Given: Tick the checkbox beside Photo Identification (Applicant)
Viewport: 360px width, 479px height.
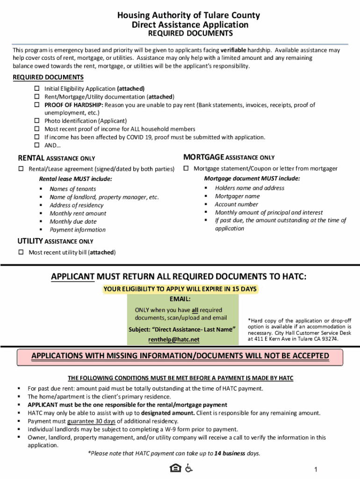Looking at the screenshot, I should [x=37, y=121].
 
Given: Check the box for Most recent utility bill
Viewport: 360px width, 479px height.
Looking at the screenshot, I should [x=21, y=253].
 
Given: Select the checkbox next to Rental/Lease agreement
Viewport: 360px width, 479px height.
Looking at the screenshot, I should [x=21, y=169].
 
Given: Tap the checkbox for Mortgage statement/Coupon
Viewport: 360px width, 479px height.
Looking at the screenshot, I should [x=186, y=168].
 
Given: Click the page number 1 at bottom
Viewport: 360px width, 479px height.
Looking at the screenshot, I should [x=316, y=469].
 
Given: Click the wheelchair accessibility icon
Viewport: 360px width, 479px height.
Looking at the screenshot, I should [x=189, y=468].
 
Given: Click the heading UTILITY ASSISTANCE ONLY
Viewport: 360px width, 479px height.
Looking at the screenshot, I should [x=55, y=241].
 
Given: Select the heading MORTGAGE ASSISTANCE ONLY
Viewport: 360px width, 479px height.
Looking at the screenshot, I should [x=229, y=157].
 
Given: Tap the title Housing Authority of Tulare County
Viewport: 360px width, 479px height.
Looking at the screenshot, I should [x=189, y=15].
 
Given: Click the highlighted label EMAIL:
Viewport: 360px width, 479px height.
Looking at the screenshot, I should [x=180, y=299].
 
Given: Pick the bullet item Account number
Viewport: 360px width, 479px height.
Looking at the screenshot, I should [x=236, y=204].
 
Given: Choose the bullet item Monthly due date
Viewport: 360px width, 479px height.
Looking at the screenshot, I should [x=73, y=222].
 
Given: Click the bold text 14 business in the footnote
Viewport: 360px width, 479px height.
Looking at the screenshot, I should [x=230, y=453].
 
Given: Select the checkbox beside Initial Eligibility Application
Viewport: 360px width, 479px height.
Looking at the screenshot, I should [x=37, y=88].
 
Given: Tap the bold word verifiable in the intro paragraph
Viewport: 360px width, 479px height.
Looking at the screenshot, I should [x=238, y=50].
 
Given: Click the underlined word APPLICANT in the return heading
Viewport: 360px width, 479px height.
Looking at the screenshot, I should [x=72, y=277].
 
